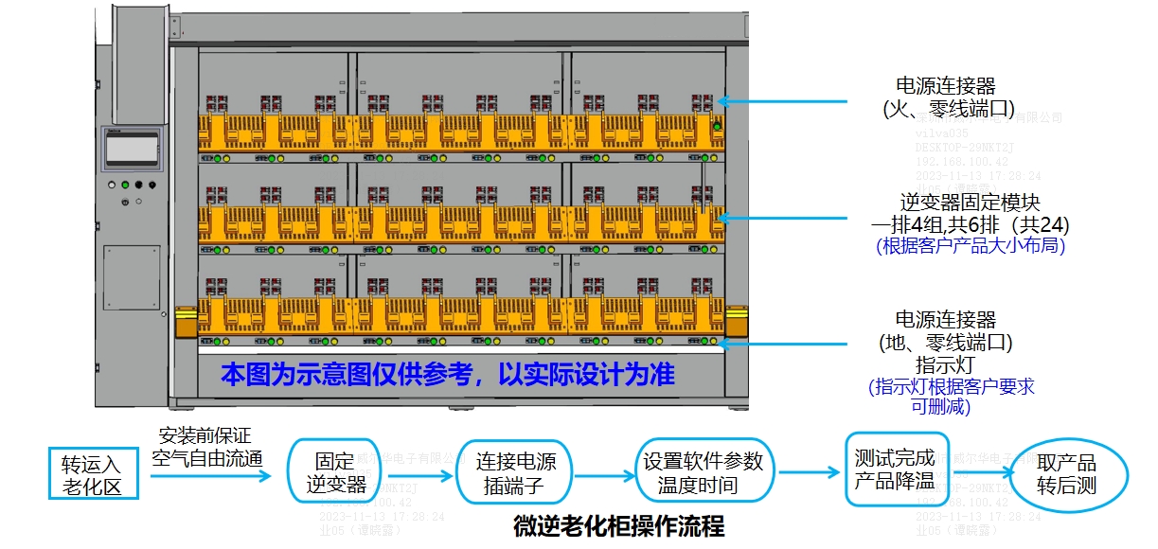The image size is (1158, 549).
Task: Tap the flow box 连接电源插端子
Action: point(516,473)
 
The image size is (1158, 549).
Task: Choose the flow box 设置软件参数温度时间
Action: point(703,473)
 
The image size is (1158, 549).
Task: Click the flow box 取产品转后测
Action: point(1066,474)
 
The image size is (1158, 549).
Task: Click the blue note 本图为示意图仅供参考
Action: point(447,375)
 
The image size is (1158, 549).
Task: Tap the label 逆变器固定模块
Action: point(970,203)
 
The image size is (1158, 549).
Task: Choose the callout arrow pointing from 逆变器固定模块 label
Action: point(786,218)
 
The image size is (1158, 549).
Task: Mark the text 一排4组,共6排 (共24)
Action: point(970,225)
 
